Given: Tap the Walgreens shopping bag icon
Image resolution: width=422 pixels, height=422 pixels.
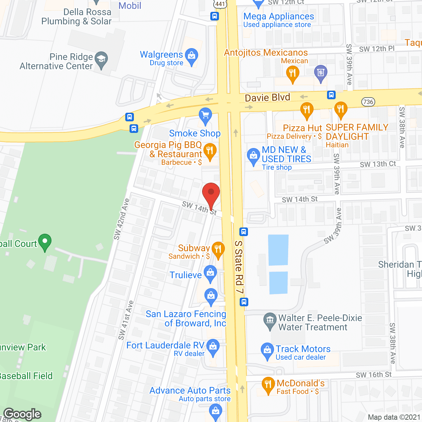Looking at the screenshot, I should click(192, 56).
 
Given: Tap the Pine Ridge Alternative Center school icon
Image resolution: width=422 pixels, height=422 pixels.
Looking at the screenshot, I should click(101, 60).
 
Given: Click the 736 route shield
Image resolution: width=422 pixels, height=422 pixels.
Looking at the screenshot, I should click(368, 102).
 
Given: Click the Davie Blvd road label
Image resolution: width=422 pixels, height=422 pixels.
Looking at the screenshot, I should click(267, 98).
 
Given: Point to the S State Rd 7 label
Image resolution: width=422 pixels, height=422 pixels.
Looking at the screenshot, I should click(239, 267).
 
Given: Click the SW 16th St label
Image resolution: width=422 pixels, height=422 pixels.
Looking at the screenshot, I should click(374, 375).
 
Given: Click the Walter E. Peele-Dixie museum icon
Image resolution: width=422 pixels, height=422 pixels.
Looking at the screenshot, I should click(270, 320).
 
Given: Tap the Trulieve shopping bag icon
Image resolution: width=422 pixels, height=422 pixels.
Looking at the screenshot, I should click(210, 273).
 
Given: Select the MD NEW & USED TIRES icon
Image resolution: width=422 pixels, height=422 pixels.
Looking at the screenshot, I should click(254, 156).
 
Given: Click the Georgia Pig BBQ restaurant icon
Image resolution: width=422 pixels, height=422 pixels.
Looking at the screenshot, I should click(210, 151).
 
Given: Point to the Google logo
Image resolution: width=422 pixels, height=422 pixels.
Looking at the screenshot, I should click(22, 414).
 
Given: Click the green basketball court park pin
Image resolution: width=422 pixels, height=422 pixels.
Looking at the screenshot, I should click(45, 242).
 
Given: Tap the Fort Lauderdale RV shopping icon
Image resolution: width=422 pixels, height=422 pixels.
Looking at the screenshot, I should click(213, 347).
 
